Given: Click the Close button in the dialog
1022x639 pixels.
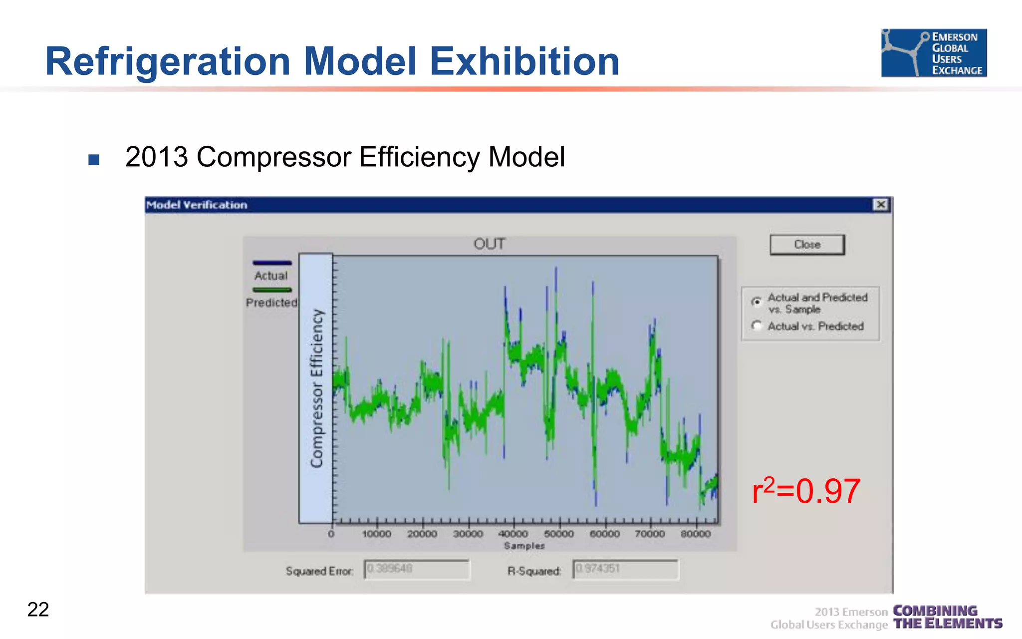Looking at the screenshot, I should (x=807, y=245).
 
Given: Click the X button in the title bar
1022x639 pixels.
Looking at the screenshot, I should (x=881, y=205).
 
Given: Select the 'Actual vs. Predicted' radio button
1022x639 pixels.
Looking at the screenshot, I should (x=757, y=326).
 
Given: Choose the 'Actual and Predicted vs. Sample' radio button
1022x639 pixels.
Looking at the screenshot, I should (x=757, y=302).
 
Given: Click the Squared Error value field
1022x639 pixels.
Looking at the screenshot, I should (x=417, y=569).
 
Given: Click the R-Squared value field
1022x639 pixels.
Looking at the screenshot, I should (x=625, y=569).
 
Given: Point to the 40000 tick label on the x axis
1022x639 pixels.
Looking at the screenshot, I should (x=513, y=534).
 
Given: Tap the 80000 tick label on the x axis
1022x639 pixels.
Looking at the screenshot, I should (x=696, y=534).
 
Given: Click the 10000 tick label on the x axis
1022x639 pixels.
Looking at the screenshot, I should (x=376, y=534).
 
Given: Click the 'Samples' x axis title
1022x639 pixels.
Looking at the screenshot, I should (x=524, y=546).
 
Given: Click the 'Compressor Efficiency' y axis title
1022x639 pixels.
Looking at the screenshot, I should (x=316, y=388).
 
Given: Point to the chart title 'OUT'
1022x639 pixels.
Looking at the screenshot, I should (x=489, y=244).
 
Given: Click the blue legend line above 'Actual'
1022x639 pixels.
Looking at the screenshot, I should (x=272, y=263).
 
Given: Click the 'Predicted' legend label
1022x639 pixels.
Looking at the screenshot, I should (x=271, y=303).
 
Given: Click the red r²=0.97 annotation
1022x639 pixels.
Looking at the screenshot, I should (x=806, y=491).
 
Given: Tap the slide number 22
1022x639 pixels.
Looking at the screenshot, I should (x=38, y=610).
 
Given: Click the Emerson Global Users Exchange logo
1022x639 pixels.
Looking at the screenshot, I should (x=934, y=53).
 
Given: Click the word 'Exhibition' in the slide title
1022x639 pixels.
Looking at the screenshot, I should (x=524, y=61).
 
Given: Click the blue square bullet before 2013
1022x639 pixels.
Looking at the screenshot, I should (x=94, y=160).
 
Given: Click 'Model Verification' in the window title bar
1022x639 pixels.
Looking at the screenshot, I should (x=197, y=205).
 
